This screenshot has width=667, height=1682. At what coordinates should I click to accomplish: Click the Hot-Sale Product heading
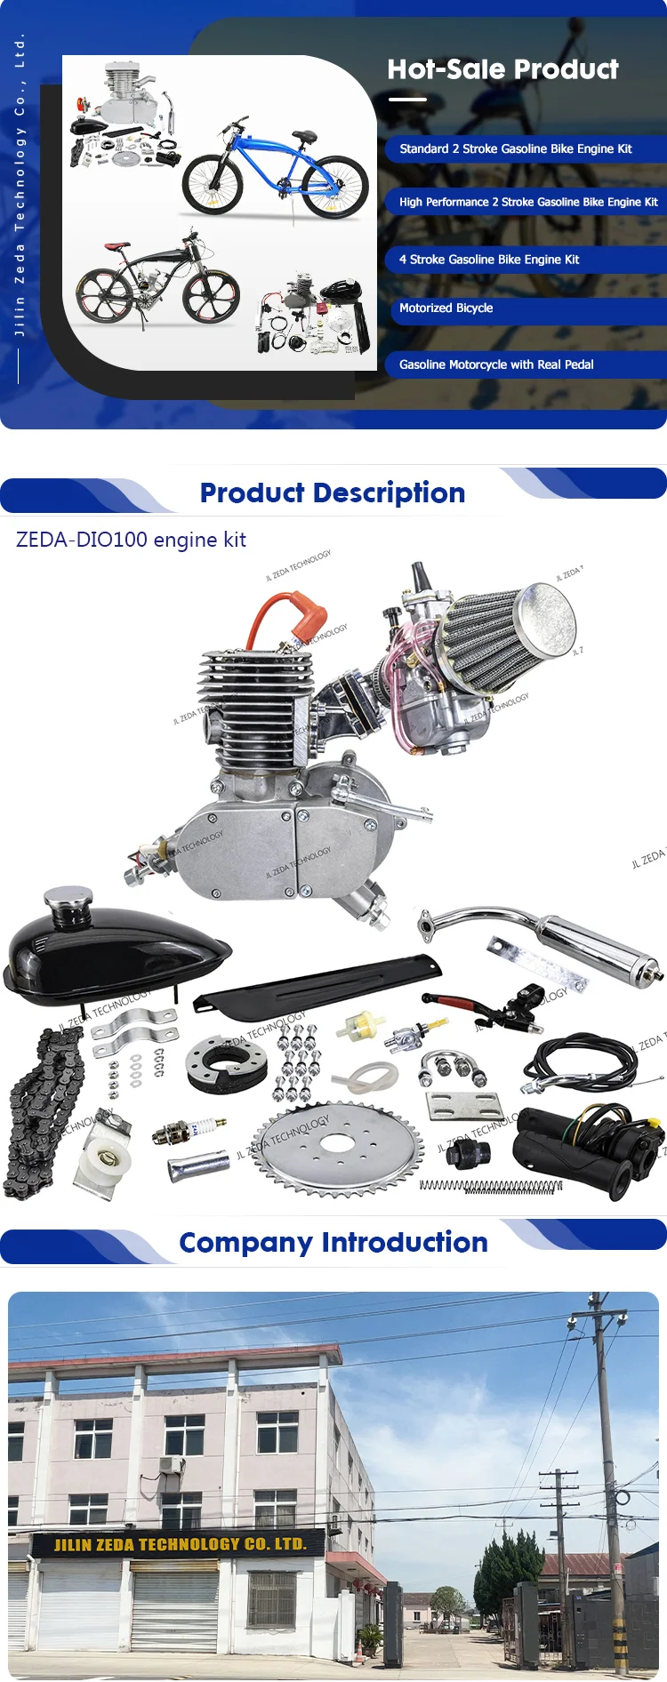(x=502, y=69)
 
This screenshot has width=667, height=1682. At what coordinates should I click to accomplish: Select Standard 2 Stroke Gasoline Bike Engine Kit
(x=516, y=148)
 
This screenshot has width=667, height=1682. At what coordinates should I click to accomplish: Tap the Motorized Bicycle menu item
(x=446, y=308)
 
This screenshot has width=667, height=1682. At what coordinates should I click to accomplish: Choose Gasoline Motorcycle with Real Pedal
(x=496, y=364)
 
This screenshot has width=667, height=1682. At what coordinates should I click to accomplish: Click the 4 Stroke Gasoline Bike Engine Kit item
(x=489, y=260)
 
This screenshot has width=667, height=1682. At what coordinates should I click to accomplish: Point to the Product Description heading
(x=333, y=493)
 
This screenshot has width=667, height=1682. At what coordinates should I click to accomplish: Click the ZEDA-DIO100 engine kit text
(x=131, y=540)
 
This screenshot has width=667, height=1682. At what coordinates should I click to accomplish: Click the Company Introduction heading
(x=333, y=1242)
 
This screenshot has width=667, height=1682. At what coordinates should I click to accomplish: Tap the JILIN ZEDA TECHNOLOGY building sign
(x=179, y=1544)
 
